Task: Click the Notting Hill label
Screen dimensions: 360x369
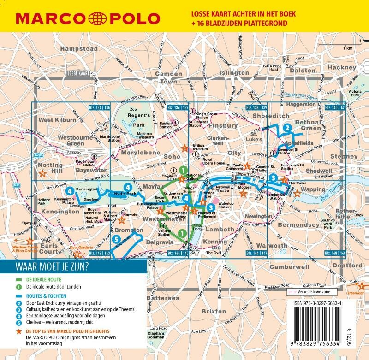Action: (x=50, y=168)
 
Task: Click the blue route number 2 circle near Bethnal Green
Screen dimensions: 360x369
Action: (x=287, y=128)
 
